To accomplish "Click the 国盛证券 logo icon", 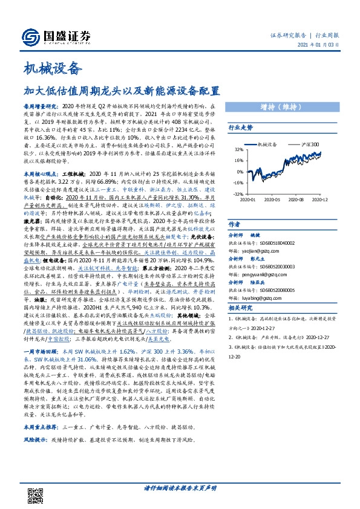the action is click(31, 36).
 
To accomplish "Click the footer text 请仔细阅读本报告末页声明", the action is click(180, 488).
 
